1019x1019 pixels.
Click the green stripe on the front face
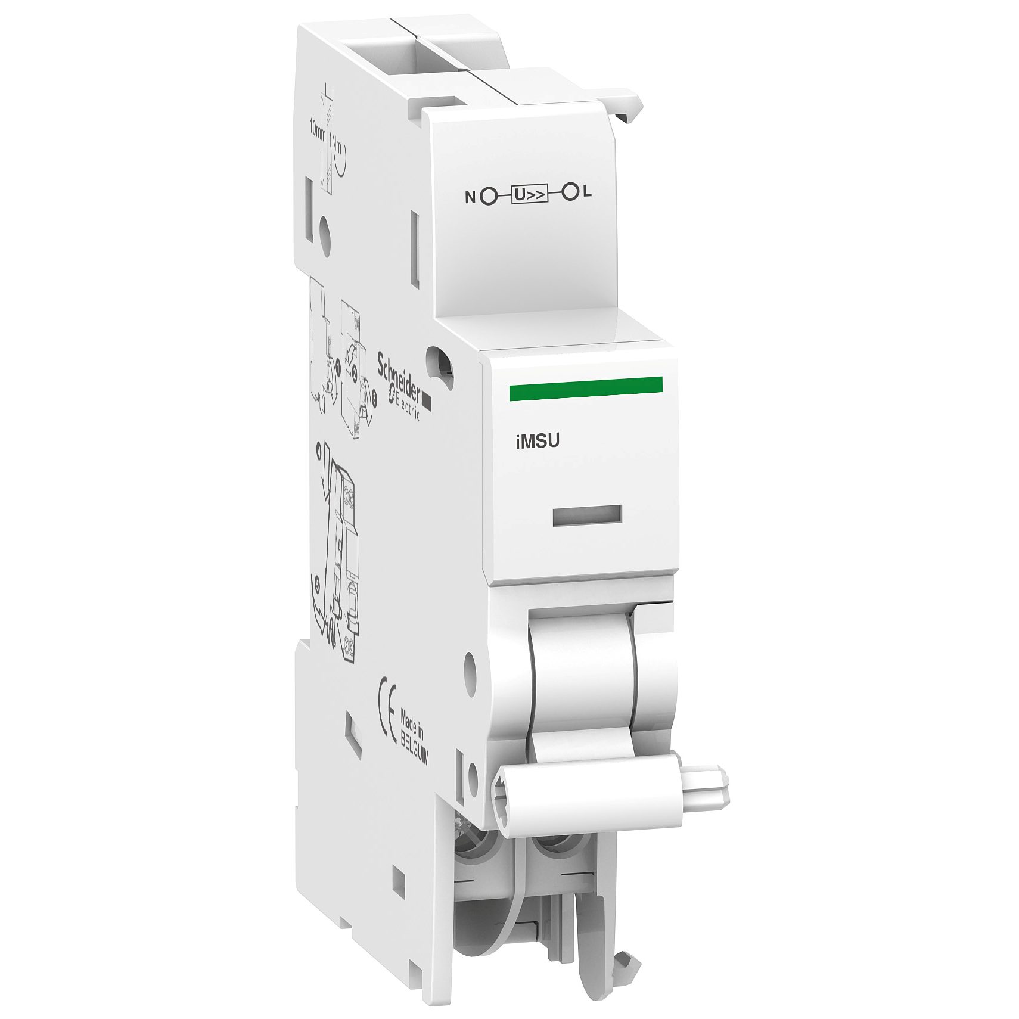585,385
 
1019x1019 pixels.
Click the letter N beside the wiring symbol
470,197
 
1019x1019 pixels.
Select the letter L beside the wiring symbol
588,192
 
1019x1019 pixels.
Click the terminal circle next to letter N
489,195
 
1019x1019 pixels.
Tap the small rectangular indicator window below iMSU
587,515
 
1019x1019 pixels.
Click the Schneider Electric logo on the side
402,384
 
